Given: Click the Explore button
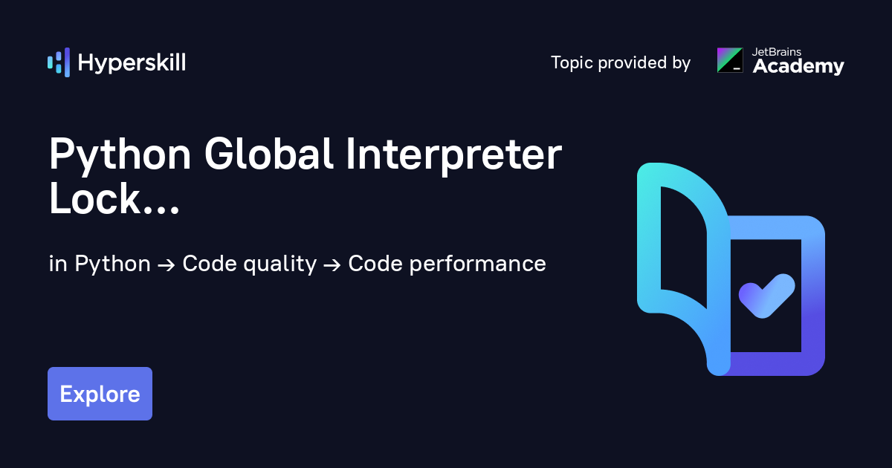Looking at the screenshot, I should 100,394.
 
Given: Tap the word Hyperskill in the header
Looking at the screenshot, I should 132,62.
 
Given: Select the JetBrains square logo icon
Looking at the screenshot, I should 730,60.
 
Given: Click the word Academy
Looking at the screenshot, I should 798,67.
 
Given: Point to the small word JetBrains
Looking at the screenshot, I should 776,52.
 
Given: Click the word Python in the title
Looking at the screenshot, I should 119,156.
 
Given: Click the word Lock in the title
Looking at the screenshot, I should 94,198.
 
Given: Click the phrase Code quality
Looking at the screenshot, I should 250,264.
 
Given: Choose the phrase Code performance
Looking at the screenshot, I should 447,264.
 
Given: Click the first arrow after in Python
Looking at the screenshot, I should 167,264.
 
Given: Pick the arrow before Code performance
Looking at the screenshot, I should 332,264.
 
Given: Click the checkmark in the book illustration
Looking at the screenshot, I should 766,295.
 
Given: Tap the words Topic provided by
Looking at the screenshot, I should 621,62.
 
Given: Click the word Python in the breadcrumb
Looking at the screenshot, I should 113,264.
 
